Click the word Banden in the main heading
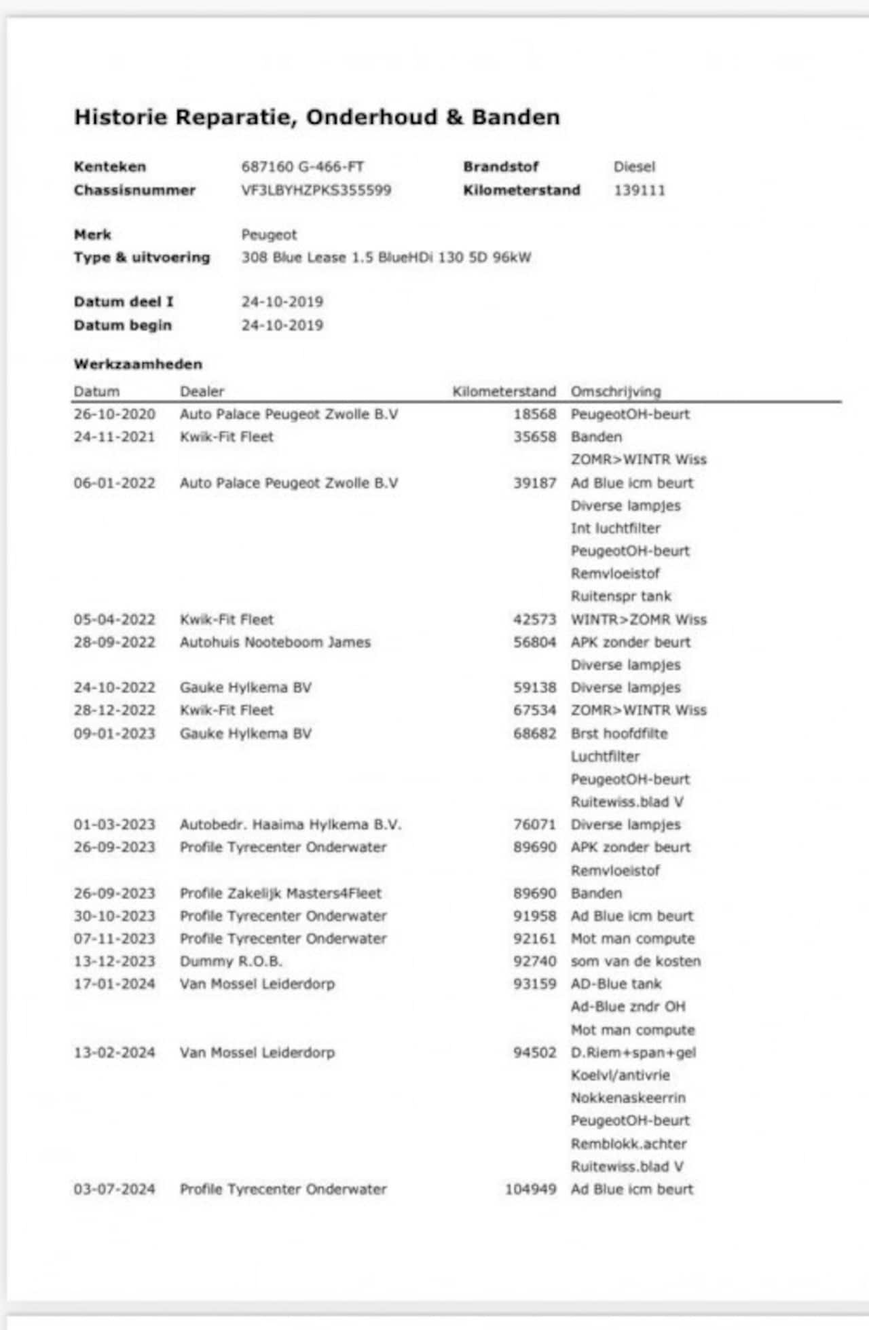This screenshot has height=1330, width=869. click(x=515, y=118)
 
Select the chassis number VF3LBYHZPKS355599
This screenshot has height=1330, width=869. click(x=316, y=190)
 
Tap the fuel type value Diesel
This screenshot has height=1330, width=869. click(x=634, y=167)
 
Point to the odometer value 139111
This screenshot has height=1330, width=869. click(x=640, y=190)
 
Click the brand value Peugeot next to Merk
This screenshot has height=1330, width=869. click(x=269, y=235)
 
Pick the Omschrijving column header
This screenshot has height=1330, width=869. click(x=615, y=392)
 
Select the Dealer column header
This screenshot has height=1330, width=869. click(x=202, y=392)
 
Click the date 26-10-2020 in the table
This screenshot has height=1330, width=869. click(x=114, y=414)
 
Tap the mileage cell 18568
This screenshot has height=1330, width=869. click(x=534, y=414)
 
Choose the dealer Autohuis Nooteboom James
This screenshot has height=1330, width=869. click(x=275, y=643)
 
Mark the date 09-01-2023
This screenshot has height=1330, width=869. click(x=114, y=734)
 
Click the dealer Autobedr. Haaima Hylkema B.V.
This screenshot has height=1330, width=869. click(x=291, y=825)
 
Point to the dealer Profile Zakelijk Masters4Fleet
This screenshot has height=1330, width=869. click(x=280, y=893)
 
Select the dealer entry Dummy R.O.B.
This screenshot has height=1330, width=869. click(x=231, y=962)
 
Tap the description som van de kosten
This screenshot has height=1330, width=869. click(x=635, y=962)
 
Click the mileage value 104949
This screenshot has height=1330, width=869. click(x=530, y=1189)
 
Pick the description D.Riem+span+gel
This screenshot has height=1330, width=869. click(x=633, y=1053)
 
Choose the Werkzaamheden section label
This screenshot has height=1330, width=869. click(x=138, y=365)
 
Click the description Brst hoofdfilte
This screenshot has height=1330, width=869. click(x=619, y=734)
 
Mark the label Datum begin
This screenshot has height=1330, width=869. click(x=122, y=325)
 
